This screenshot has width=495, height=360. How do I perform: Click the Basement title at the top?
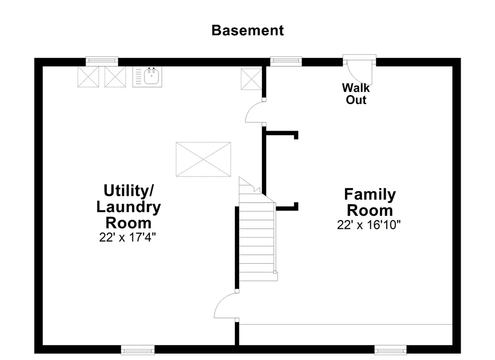click(247, 30)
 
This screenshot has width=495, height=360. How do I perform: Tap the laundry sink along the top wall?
click(147, 76)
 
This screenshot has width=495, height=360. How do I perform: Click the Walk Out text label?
click(356, 93)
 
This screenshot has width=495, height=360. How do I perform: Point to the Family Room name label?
click(370, 202)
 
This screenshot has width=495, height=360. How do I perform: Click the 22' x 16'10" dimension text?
click(369, 225)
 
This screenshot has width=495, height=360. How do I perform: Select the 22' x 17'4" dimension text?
click(128, 237)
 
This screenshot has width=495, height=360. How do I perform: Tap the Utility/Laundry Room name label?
click(129, 207)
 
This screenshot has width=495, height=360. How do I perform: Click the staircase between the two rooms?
click(257, 229)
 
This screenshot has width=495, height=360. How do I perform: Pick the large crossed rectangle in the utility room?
click(204, 159)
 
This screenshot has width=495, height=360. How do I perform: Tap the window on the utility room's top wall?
click(102, 61)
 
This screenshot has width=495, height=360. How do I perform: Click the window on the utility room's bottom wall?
click(138, 350)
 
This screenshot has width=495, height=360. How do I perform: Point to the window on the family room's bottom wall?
click(391, 350)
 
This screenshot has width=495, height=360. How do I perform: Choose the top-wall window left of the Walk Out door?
click(286, 61)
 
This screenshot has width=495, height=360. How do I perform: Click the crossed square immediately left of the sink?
click(115, 77)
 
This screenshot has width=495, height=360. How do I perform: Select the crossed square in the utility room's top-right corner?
click(251, 79)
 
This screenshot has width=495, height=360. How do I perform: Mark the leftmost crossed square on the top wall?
click(88, 77)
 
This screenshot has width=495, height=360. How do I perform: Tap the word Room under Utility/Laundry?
click(129, 223)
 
